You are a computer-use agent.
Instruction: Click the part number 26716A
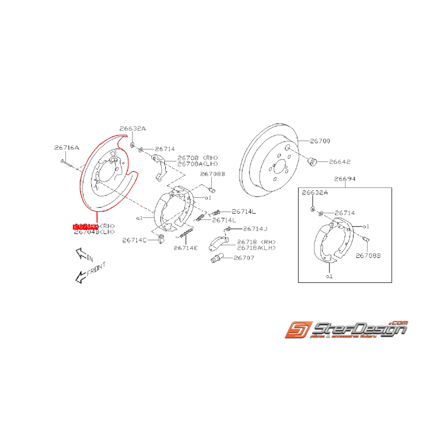tap(66, 148)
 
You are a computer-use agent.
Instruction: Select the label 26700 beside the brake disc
tap(320, 141)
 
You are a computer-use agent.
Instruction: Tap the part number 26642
tap(339, 162)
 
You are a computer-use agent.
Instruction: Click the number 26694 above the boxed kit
tap(345, 179)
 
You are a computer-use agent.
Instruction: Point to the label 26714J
tap(255, 228)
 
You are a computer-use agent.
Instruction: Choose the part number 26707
tap(244, 258)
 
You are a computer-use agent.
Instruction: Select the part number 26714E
tap(185, 248)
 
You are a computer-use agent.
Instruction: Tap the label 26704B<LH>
tap(95, 232)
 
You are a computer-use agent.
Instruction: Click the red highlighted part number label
tap(86, 226)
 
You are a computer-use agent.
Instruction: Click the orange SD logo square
tap(299, 330)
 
